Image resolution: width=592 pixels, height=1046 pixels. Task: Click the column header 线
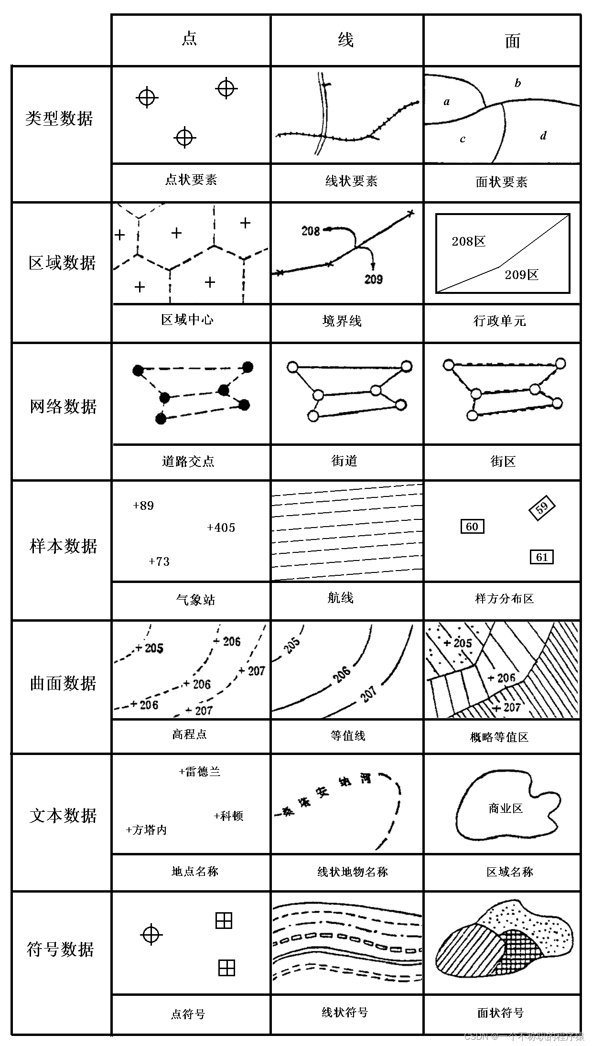[x=346, y=40]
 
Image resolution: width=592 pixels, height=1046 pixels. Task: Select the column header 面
[x=512, y=41]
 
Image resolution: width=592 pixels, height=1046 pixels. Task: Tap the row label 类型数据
[x=59, y=119]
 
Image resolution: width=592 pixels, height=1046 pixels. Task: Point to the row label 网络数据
[x=63, y=407]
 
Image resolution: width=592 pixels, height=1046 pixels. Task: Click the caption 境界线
[x=342, y=321]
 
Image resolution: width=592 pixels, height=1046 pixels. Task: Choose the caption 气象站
[x=195, y=600]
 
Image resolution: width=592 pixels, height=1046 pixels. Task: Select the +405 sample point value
[x=221, y=528]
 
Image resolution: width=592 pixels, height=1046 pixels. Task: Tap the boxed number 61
[x=541, y=557]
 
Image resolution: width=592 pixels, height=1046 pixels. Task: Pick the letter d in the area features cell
[x=543, y=136]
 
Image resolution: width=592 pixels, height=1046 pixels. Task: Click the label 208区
[x=468, y=241]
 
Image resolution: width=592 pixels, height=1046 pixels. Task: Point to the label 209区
[x=521, y=275]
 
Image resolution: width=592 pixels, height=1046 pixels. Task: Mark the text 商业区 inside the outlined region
[x=506, y=809]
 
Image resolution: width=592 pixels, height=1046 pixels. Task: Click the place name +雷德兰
[x=200, y=772]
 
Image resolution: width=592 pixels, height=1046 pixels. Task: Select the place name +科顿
[x=229, y=816]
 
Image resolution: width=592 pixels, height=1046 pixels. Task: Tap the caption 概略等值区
[x=499, y=737]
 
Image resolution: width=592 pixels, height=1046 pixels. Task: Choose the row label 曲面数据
[x=63, y=683]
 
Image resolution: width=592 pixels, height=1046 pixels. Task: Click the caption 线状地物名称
[x=353, y=872]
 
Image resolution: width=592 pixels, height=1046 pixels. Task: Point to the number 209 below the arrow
[x=374, y=279]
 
